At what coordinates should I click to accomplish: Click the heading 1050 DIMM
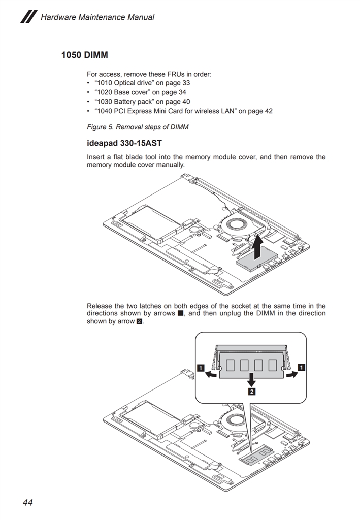tap(84, 54)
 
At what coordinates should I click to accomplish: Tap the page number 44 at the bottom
tap(27, 503)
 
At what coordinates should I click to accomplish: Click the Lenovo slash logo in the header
tap(28, 17)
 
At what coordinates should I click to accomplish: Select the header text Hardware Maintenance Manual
tap(97, 17)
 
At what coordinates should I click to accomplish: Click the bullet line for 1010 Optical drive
tap(142, 83)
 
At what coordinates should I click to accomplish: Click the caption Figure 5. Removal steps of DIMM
tap(138, 127)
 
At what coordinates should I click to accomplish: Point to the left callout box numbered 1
tap(201, 368)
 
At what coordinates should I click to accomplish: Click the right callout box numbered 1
tap(302, 368)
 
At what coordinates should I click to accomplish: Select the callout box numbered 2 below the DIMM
tap(251, 391)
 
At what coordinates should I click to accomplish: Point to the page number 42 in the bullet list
tap(268, 111)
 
